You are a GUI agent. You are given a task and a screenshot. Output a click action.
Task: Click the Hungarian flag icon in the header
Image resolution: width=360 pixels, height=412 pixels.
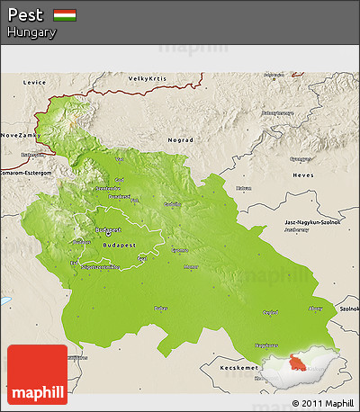tap(64, 15)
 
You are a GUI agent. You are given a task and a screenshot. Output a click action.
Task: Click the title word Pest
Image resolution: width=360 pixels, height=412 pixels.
tap(25, 15)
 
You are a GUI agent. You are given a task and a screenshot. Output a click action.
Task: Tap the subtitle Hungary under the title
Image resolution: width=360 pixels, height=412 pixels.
tap(31, 32)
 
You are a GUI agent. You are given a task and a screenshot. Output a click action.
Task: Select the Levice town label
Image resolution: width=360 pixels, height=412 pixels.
tap(34, 82)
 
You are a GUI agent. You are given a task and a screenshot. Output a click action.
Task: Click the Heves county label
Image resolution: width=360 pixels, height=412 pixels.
tap(302, 175)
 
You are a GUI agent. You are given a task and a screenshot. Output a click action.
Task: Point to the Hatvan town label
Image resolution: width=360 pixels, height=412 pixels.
tap(243, 188)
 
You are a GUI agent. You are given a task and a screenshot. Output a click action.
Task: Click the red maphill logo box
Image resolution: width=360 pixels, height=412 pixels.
tap(37, 374)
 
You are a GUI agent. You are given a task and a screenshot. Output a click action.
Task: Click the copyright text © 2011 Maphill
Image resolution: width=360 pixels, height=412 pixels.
tap(316, 402)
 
